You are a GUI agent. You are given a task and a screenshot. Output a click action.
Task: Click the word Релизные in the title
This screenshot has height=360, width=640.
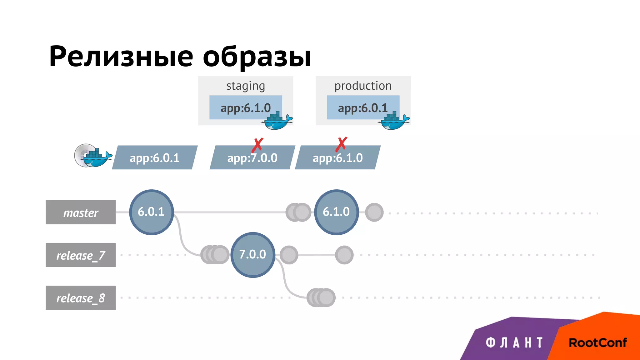coord(121,57)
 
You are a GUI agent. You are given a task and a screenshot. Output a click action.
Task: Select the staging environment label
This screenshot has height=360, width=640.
coord(246,86)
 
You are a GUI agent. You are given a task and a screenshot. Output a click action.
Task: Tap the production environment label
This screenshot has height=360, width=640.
coord(363,86)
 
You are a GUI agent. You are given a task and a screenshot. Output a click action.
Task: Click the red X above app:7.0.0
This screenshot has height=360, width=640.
coord(258,145)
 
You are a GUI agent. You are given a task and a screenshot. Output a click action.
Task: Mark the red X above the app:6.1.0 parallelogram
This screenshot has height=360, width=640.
coord(341,144)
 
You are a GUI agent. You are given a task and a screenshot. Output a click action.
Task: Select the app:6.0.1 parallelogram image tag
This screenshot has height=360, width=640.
coord(155,158)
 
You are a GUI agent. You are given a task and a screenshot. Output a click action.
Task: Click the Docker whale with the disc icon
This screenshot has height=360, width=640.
coord(93,156)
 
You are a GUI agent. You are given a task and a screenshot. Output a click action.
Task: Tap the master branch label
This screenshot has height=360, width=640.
coord(81,212)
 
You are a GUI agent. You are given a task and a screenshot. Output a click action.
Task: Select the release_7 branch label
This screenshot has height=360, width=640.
coord(81,255)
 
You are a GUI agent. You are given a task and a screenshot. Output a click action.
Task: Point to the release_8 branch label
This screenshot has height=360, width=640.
coord(81,298)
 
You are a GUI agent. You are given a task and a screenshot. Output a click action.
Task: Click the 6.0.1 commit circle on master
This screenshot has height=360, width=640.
coord(151,212)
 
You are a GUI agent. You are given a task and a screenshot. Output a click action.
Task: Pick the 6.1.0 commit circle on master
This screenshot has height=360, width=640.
coord(336,212)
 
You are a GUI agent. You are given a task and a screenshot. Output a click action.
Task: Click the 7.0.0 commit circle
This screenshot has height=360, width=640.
coord(252,255)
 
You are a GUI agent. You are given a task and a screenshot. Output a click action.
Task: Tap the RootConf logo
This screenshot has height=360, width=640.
coord(597,343)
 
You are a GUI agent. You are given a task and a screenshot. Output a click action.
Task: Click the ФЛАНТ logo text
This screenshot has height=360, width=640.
coord(514,343)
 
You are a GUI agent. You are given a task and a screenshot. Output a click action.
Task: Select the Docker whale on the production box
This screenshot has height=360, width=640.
coord(394,121)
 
